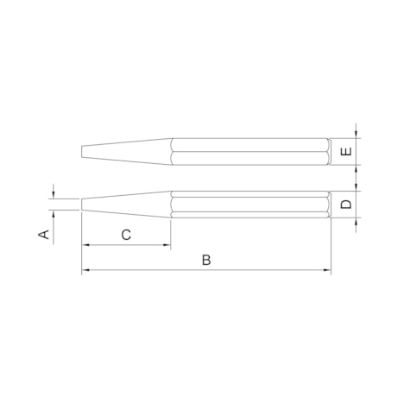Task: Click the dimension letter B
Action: pos(206,259)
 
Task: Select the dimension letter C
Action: pos(126,234)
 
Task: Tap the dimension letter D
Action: pos(345,205)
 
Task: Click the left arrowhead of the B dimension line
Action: pos(85,271)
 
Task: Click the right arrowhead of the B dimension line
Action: pos(327,271)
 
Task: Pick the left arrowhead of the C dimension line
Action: pos(85,247)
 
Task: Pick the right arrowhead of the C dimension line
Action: pos(167,247)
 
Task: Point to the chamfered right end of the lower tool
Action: pos(328,205)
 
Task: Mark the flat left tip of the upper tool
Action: pos(82,152)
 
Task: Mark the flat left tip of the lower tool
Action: pos(82,205)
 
